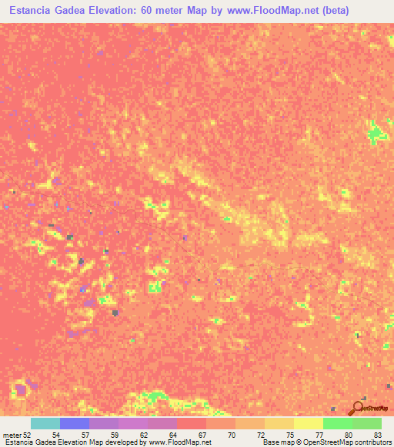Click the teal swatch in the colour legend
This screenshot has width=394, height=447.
pos(45,423)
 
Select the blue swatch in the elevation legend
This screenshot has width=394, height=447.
pos(75,423)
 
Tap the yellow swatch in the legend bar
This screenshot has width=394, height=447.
pos(309,423)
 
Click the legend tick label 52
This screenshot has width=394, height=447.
pos(28,434)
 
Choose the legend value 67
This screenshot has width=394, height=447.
pos(202,434)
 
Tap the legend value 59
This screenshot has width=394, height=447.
pos(115,434)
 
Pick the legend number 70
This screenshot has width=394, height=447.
pos(232,434)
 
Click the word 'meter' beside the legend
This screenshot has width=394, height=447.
pos(12,434)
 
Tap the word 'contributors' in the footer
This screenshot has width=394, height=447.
pos(372,442)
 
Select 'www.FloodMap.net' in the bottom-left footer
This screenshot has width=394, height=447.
pos(176,442)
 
